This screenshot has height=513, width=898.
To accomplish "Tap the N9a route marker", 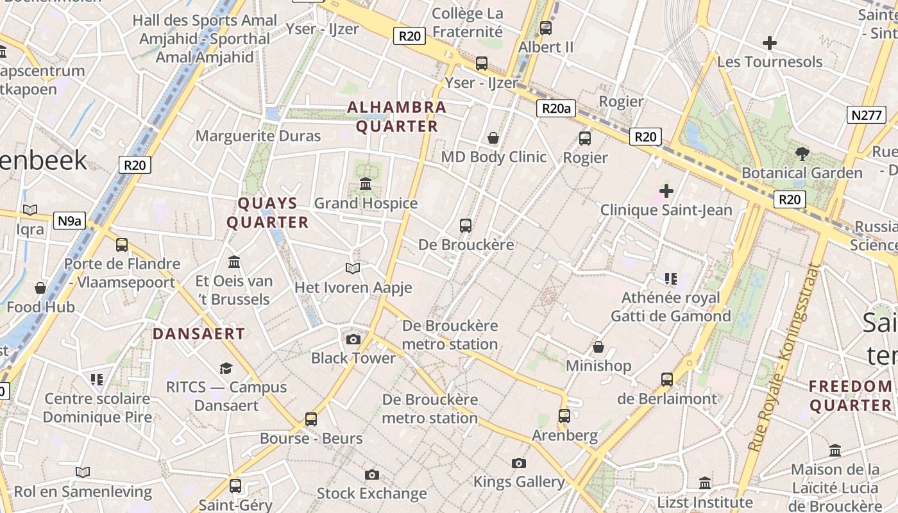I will (70, 221).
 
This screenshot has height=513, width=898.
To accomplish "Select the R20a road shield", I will (555, 108).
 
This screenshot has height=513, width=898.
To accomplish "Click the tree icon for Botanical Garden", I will (802, 154).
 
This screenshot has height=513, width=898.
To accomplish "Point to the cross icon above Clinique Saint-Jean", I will (666, 190).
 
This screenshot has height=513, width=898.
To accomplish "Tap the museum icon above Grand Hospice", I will (366, 184).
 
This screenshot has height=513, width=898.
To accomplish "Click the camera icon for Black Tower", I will (353, 339).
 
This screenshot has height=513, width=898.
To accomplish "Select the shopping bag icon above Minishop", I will (598, 347).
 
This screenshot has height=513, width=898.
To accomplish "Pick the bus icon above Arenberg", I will (564, 416).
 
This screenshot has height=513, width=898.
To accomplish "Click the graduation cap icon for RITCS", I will (226, 368).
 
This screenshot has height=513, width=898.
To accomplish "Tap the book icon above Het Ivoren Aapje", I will (353, 268).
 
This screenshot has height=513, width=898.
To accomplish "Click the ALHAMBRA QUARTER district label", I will (396, 117).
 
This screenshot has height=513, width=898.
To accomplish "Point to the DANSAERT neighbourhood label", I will (199, 333).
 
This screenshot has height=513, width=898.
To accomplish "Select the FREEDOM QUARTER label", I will (851, 396).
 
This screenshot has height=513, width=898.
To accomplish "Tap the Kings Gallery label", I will (519, 482).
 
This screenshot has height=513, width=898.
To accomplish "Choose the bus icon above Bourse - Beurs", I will (311, 419).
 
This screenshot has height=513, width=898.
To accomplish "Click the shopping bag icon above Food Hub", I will (40, 288).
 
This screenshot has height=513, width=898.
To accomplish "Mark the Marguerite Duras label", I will (258, 136).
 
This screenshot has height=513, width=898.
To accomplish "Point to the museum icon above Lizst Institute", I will (705, 482).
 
